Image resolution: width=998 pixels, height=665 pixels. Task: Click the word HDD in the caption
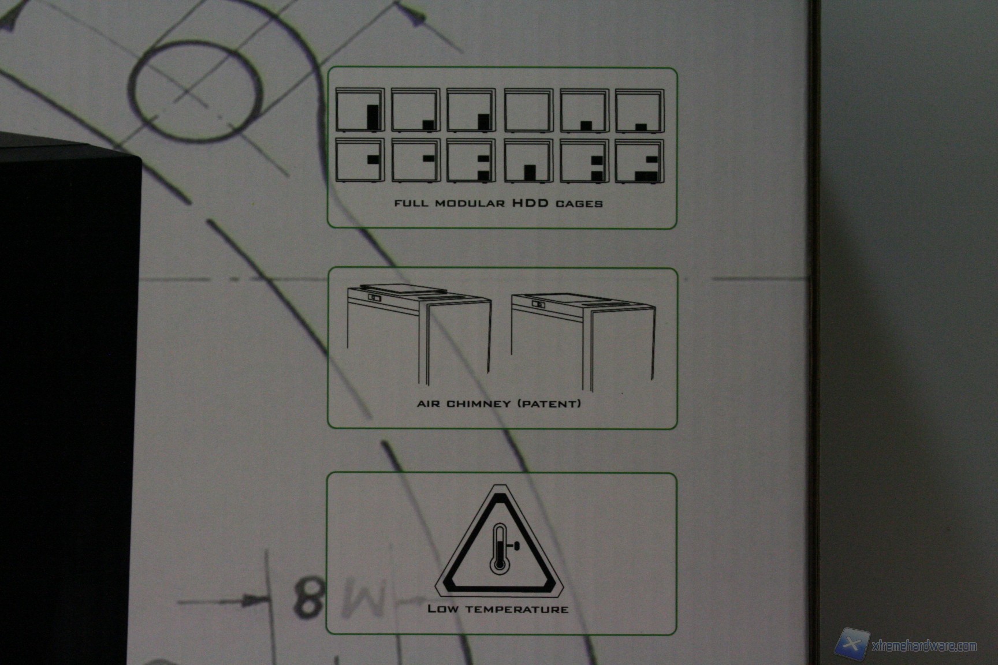[530, 203]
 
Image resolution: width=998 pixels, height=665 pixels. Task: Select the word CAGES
[579, 204]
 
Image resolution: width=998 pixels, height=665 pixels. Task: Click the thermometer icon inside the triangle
[500, 548]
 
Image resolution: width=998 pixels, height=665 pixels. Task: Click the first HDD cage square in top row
[360, 110]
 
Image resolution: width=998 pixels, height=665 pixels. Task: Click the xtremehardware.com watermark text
[924, 646]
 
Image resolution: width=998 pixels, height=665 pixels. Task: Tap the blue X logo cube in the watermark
[852, 644]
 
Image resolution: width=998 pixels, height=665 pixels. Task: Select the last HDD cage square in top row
[639, 110]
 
